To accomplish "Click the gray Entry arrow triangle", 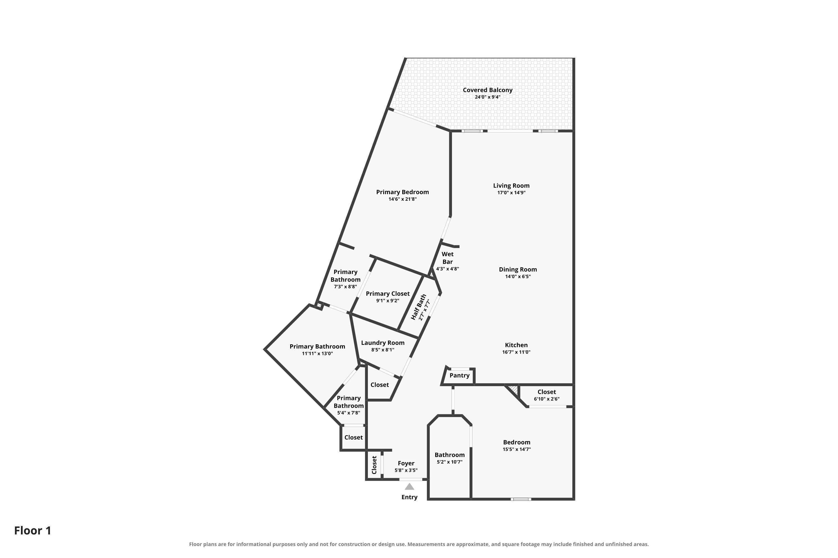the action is (x=410, y=487).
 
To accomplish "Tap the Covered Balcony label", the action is (x=487, y=90).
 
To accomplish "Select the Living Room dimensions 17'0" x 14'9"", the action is (x=511, y=193).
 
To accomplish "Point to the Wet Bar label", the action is (x=447, y=258).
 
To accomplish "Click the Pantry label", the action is (x=459, y=376).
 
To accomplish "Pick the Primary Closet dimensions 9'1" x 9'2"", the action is (x=388, y=301).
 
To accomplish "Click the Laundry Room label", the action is (x=383, y=343).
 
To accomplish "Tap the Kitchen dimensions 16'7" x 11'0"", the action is (x=516, y=352).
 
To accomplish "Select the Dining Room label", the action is (x=518, y=270).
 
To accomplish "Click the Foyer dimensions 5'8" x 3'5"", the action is (x=406, y=470).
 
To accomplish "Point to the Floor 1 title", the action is (x=33, y=531).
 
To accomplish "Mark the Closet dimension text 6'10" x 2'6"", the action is (x=547, y=399).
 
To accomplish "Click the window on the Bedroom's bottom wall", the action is (x=521, y=499).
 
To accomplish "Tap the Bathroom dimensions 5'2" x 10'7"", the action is (x=450, y=462).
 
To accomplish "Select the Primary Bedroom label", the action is (x=403, y=192).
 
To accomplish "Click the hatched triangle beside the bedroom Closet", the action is (x=514, y=389).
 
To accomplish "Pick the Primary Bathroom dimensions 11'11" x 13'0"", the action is (x=317, y=353).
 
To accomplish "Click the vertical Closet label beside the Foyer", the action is (x=374, y=465).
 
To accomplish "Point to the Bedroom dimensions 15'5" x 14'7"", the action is (x=516, y=449).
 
